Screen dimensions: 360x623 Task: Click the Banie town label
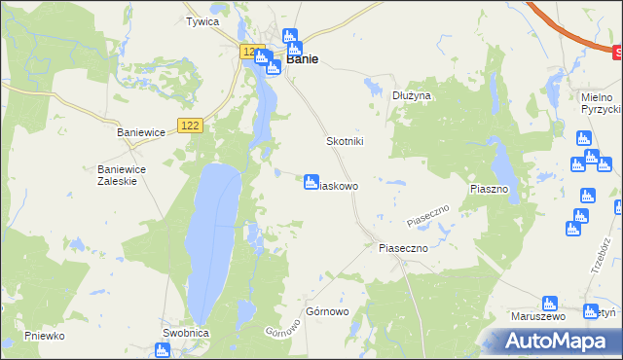pyautogui.click(x=303, y=59)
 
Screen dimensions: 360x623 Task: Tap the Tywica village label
pyautogui.click(x=202, y=21)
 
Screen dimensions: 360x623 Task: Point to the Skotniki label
pyautogui.click(x=344, y=141)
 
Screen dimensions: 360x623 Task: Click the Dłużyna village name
pyautogui.click(x=412, y=95)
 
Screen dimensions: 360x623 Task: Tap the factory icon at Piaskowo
pyautogui.click(x=311, y=182)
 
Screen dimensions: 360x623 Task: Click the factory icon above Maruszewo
pyautogui.click(x=548, y=304)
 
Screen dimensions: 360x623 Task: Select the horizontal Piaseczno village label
pyautogui.click(x=403, y=248)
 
